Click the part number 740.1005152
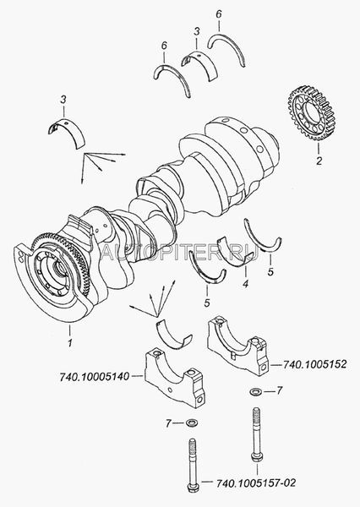tap(314, 364)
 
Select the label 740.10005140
tap(95, 376)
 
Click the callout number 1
tap(70, 343)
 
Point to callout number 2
tap(319, 161)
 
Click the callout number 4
tap(246, 284)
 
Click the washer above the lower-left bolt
tap(193, 422)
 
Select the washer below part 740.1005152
tap(257, 391)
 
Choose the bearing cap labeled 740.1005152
tap(238, 346)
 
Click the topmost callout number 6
tap(219, 14)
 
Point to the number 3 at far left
tap(63, 100)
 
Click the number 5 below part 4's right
tap(270, 272)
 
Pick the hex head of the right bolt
tap(257, 457)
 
